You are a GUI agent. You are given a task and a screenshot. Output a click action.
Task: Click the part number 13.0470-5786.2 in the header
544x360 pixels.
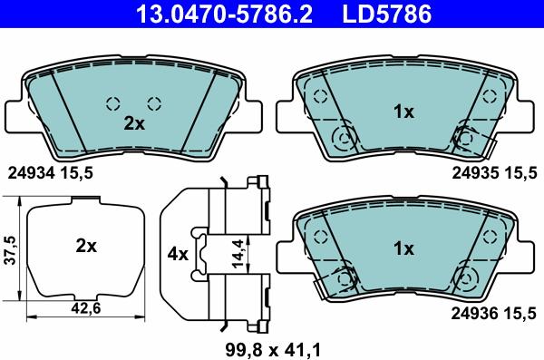coord(225,14)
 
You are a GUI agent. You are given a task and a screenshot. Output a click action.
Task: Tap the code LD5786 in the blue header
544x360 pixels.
coord(387,14)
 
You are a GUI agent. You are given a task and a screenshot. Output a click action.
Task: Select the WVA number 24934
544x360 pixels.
coord(32,172)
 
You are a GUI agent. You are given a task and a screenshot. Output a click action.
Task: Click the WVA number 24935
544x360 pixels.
coord(475,172)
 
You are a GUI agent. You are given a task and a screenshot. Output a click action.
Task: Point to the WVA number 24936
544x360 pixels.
coord(475,314)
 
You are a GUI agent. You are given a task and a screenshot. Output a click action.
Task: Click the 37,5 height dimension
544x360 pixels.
coord(11,250)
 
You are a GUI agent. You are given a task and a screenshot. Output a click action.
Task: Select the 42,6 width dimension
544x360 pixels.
coord(85,308)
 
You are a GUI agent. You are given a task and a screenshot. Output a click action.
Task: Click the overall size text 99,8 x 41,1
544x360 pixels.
coord(273,350)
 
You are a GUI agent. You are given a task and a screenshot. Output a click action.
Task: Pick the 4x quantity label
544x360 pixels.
coord(178,255)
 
